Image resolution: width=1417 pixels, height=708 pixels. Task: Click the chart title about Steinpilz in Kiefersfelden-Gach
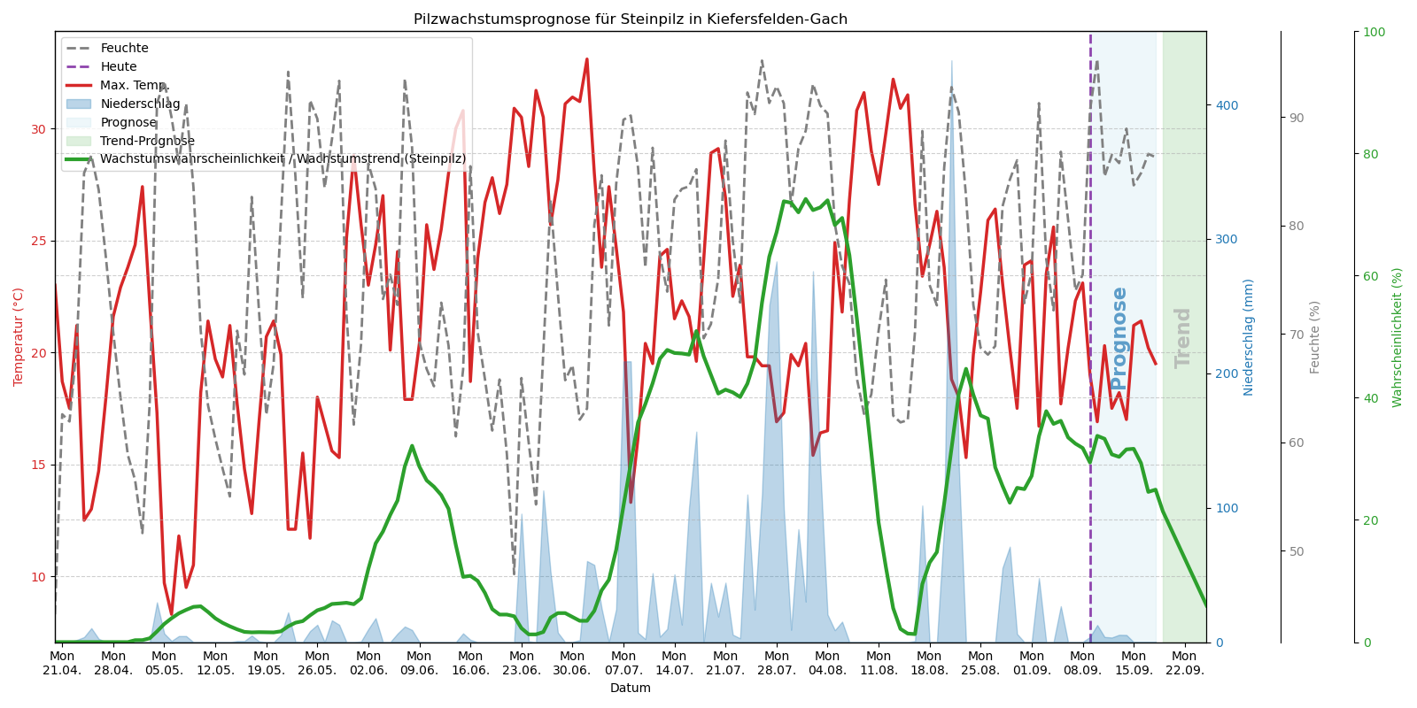click(630, 19)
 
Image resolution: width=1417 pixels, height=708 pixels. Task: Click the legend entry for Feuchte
click(124, 49)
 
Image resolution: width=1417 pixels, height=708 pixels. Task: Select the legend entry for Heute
click(119, 67)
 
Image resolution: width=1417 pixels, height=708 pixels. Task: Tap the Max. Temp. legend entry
click(133, 86)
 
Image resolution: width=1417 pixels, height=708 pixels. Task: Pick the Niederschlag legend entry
click(140, 104)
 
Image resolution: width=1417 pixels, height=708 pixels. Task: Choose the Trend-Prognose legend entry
click(147, 142)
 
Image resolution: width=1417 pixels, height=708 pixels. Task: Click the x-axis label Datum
click(630, 689)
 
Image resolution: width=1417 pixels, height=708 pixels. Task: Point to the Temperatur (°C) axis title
click(19, 336)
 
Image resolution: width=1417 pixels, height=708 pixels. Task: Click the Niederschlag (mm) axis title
click(1249, 336)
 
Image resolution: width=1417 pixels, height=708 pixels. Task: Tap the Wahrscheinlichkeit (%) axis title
click(1398, 336)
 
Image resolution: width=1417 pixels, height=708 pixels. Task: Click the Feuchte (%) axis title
click(1315, 336)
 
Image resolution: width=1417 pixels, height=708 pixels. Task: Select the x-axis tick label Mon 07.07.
click(623, 663)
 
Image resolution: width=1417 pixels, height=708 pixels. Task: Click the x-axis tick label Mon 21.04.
click(62, 663)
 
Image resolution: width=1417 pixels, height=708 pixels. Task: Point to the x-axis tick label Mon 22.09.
click(1184, 663)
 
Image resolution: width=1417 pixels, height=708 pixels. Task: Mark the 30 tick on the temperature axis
click(38, 129)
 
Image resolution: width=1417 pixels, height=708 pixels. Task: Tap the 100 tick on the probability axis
click(1374, 32)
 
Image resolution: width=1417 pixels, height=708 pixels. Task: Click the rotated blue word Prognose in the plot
click(1119, 337)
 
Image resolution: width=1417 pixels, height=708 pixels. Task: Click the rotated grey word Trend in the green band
click(1183, 337)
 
